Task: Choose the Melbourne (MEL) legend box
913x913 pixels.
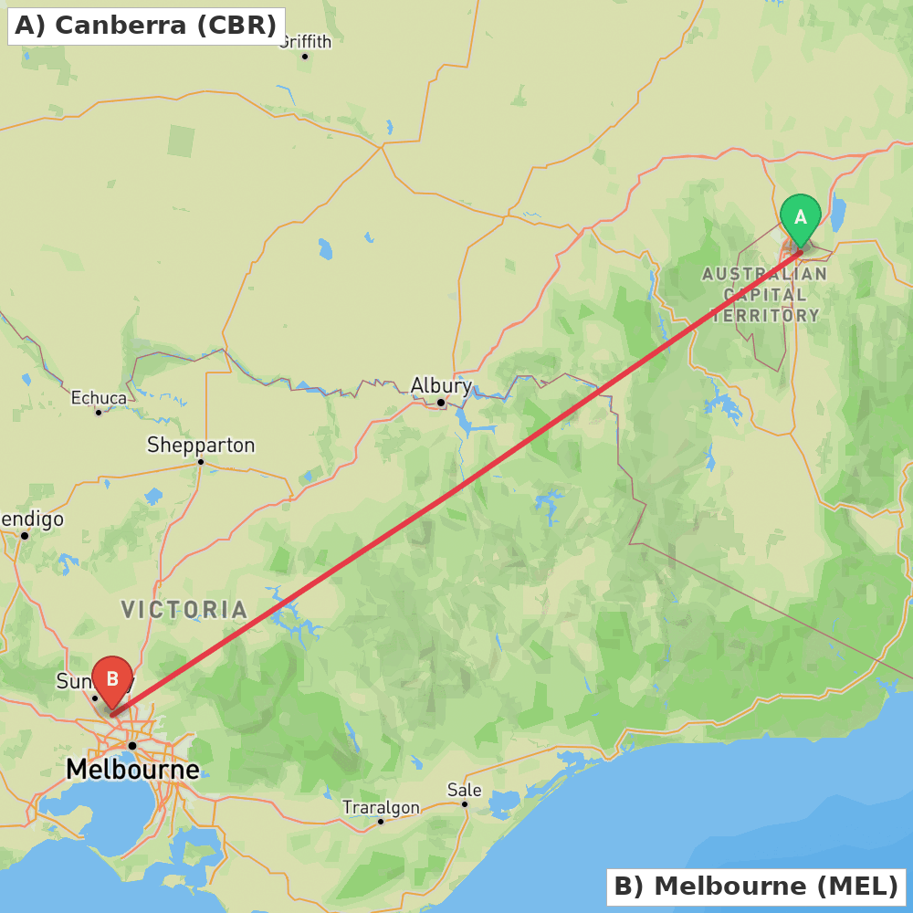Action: (x=756, y=886)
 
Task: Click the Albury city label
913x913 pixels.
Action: (x=441, y=385)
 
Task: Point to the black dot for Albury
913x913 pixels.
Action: (x=441, y=403)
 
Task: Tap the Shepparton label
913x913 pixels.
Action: (x=201, y=446)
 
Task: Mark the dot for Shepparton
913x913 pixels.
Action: (x=201, y=462)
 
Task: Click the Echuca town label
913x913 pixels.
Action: (x=99, y=398)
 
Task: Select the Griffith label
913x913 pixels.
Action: (x=305, y=42)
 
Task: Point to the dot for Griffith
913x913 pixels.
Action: (x=305, y=57)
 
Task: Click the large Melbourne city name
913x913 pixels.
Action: (x=132, y=770)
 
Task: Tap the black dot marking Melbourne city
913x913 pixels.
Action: (x=132, y=746)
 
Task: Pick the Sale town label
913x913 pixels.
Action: (x=464, y=790)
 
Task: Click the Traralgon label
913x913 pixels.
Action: (x=381, y=807)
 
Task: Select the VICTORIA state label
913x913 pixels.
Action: (x=184, y=609)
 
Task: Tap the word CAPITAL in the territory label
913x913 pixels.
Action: (x=765, y=295)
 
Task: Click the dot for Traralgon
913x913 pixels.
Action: (x=381, y=822)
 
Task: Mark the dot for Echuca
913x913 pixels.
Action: (x=99, y=413)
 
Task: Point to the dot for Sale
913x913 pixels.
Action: (x=465, y=804)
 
